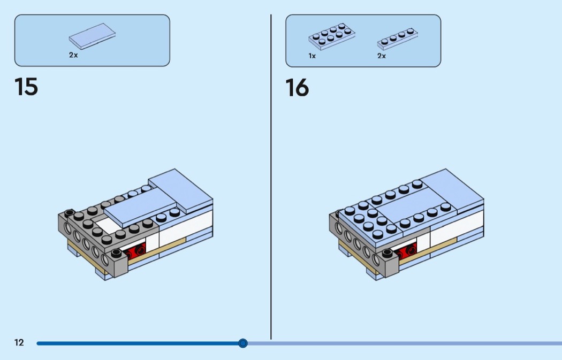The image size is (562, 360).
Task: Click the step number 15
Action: tap(26, 87)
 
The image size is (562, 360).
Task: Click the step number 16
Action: tap(297, 88)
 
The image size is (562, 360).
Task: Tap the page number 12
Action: tap(19, 342)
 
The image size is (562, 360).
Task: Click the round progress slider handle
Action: tap(242, 343)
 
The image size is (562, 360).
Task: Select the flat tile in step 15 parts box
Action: tap(92, 36)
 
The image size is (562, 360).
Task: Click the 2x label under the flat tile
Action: tap(73, 55)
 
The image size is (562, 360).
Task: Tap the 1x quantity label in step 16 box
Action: tap(312, 56)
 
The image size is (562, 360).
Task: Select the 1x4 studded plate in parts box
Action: tap(398, 39)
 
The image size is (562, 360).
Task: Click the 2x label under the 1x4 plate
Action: tap(381, 56)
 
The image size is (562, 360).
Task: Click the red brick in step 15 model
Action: tap(135, 250)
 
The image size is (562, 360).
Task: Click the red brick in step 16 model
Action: tap(407, 250)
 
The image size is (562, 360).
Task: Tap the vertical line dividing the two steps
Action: tap(271, 177)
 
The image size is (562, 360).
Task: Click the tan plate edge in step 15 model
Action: tap(158, 253)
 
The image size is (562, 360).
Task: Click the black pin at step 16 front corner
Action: tap(388, 253)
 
